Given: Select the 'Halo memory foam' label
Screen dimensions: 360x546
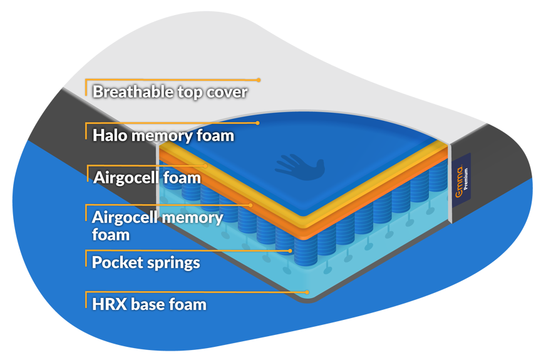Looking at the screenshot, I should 163,135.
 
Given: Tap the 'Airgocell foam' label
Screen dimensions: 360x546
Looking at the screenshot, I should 147,177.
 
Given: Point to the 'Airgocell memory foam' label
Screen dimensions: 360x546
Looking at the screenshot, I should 157,225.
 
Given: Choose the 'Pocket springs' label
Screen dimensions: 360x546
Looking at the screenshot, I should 146,262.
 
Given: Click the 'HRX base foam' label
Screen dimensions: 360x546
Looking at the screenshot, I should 149,305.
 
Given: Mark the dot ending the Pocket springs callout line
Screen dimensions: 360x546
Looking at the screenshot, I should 290,250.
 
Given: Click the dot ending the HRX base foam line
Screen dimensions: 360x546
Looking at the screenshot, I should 307,292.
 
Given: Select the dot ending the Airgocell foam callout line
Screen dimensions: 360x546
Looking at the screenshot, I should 207,165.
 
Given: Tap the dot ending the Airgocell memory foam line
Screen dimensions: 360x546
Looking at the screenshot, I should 251,205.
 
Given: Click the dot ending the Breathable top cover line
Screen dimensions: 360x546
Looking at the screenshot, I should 258,80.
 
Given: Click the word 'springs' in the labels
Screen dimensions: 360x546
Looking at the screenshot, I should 175,262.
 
